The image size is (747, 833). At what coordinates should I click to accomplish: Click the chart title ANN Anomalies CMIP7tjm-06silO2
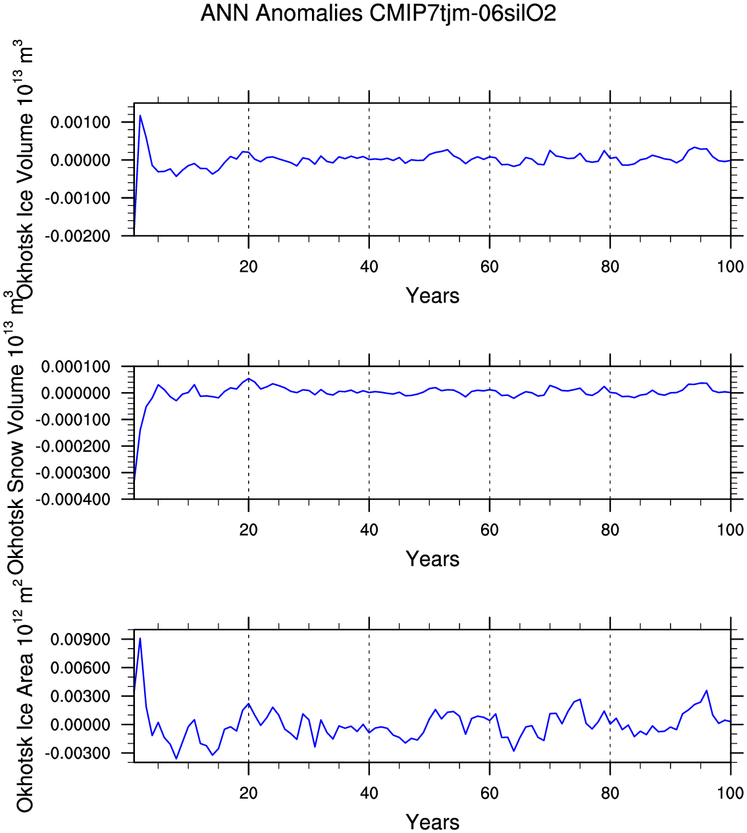378,13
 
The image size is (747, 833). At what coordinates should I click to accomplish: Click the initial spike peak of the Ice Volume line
140,116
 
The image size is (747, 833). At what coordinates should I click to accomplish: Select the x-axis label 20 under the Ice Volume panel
248,266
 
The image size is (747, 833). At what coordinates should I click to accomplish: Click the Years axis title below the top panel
432,295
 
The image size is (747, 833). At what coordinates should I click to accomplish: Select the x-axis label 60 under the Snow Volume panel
490,530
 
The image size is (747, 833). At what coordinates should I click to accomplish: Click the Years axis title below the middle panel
432,559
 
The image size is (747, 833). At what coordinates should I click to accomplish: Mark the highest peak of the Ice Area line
140,638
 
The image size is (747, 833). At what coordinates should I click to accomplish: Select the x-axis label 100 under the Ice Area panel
731,793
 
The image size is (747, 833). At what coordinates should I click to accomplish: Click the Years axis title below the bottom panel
432,822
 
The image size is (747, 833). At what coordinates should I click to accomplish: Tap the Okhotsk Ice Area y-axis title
24,707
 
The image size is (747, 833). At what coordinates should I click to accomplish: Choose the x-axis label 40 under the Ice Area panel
369,793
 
